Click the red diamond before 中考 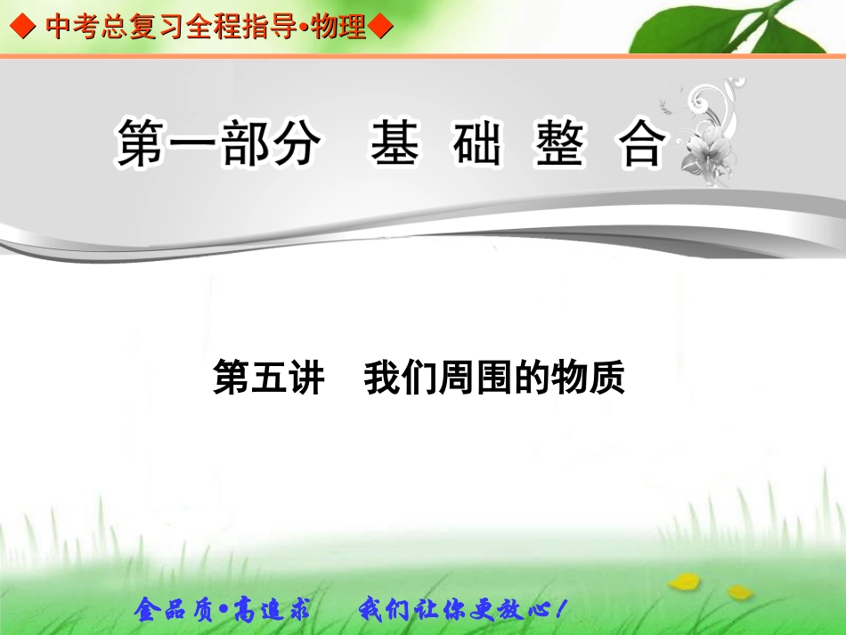20,28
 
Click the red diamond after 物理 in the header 380,28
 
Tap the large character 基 395,145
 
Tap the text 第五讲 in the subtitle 268,378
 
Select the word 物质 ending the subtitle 589,378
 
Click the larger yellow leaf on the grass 684,582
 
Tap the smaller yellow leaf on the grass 738,590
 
